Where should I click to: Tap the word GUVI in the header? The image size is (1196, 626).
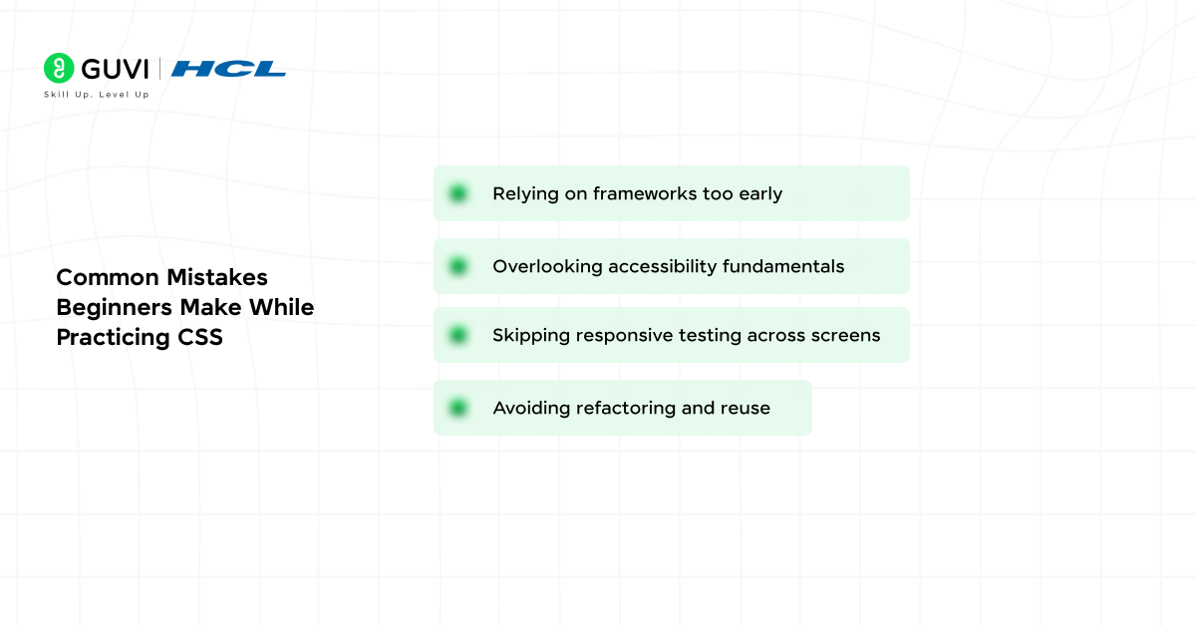[114, 69]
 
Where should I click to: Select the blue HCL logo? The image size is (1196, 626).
[228, 69]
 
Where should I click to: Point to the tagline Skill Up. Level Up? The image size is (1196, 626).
[97, 95]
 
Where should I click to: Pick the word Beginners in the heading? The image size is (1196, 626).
[115, 307]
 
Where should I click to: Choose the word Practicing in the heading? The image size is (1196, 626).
[109, 338]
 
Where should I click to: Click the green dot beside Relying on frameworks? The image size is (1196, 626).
[458, 193]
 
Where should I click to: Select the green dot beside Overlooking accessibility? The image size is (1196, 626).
[458, 266]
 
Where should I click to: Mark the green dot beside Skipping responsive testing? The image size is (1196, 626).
[458, 335]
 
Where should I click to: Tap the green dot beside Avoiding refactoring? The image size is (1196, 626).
[458, 408]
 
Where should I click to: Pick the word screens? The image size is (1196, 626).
[846, 335]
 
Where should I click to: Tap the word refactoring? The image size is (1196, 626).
[629, 408]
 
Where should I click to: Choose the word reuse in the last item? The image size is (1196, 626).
[746, 408]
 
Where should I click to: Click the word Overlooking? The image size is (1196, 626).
[547, 266]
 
